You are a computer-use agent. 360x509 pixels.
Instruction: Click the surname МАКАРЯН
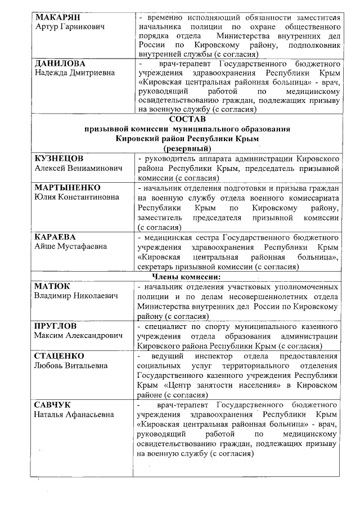(x=58, y=17)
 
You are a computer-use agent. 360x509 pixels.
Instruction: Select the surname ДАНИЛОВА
(x=60, y=64)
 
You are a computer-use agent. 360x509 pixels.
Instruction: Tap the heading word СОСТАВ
(x=187, y=120)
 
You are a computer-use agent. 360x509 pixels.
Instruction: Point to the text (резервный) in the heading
(x=187, y=148)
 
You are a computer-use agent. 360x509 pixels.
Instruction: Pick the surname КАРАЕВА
(x=55, y=237)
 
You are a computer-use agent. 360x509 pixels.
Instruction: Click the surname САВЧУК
(x=54, y=405)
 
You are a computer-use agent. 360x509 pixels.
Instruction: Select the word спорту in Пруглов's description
(x=217, y=326)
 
